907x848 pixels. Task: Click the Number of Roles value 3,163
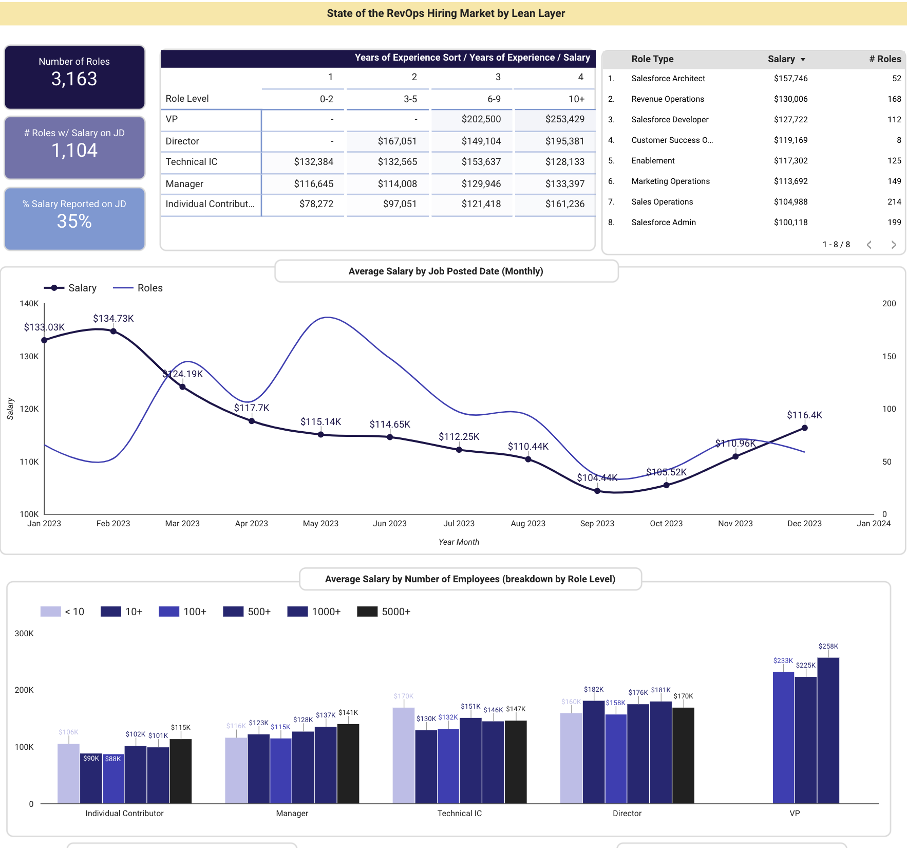tap(74, 79)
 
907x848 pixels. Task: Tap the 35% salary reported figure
tap(74, 222)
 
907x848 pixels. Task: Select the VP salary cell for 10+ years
tap(564, 119)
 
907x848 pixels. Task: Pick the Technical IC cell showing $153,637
tap(481, 162)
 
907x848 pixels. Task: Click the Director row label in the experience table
tap(182, 141)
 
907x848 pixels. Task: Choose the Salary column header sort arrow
tap(803, 60)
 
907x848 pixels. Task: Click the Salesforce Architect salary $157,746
tap(790, 79)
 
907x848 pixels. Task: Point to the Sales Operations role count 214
tap(894, 202)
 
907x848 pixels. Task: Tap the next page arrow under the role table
tap(894, 245)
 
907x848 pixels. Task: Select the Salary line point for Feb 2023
tap(114, 331)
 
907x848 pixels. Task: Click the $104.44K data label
tap(597, 478)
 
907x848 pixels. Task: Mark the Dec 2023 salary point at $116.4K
tap(804, 428)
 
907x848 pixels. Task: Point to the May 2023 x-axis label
tap(320, 524)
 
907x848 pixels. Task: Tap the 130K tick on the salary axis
tap(29, 357)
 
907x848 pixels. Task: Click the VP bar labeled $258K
tap(828, 730)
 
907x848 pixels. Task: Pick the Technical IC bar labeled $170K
tap(403, 755)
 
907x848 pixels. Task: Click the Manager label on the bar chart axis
tap(292, 814)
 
